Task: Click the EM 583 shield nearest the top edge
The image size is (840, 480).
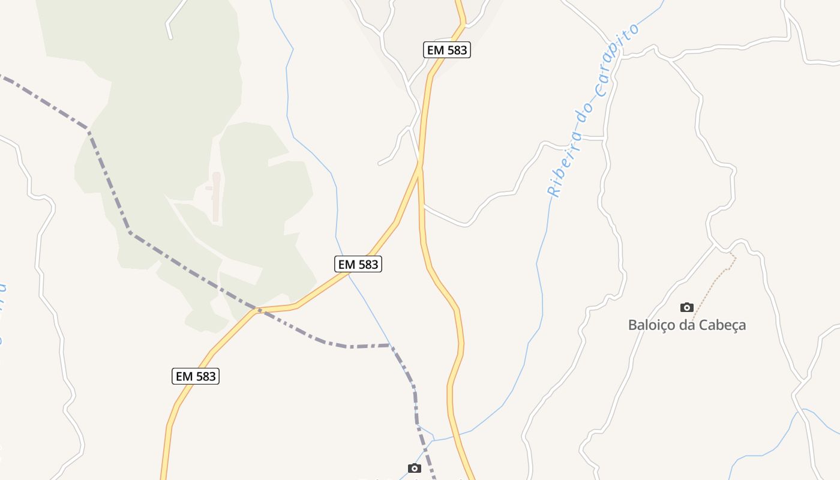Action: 447,50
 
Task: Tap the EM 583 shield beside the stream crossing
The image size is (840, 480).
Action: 358,264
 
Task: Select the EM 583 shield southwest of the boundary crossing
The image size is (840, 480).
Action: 196,377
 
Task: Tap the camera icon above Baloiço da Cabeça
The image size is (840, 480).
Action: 687,308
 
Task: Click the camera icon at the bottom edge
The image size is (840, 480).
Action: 414,468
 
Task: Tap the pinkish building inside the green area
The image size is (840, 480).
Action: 215,196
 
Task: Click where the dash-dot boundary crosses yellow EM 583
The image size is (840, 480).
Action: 259,310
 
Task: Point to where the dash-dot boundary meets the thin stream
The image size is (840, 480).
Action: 390,345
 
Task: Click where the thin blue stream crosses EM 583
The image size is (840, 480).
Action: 349,274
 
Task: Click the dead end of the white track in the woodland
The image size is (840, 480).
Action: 170,37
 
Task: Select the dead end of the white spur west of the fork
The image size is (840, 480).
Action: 379,163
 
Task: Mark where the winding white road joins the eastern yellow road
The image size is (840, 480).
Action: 424,205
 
